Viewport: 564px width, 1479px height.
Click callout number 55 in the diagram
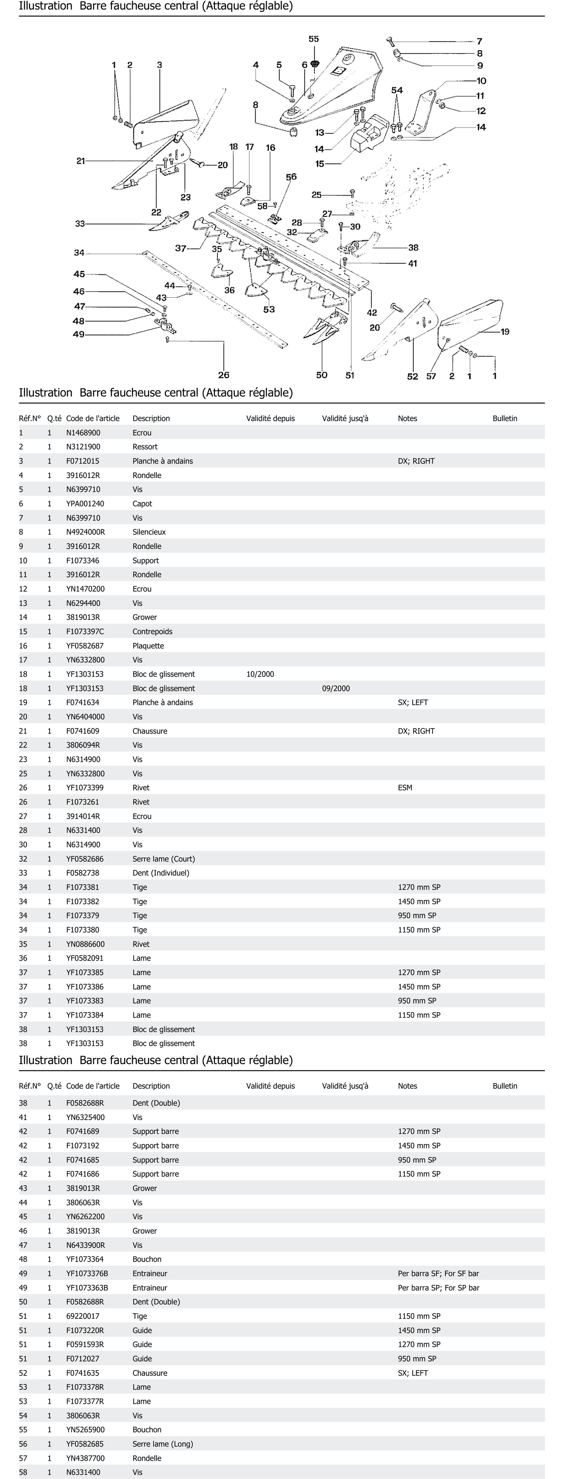point(314,39)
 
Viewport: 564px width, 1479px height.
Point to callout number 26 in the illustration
point(223,375)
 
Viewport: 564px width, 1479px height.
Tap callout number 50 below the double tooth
point(322,375)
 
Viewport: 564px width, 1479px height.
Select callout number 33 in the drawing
point(80,224)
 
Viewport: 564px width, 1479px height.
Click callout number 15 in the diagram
point(320,164)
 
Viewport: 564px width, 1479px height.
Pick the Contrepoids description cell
point(152,632)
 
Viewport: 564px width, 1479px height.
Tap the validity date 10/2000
point(260,674)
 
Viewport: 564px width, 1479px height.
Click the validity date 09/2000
point(336,688)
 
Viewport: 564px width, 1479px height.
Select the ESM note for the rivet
point(405,788)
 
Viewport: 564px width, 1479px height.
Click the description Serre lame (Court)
point(164,859)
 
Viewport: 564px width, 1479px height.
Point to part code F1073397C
point(85,632)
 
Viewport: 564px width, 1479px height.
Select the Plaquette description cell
point(148,646)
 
